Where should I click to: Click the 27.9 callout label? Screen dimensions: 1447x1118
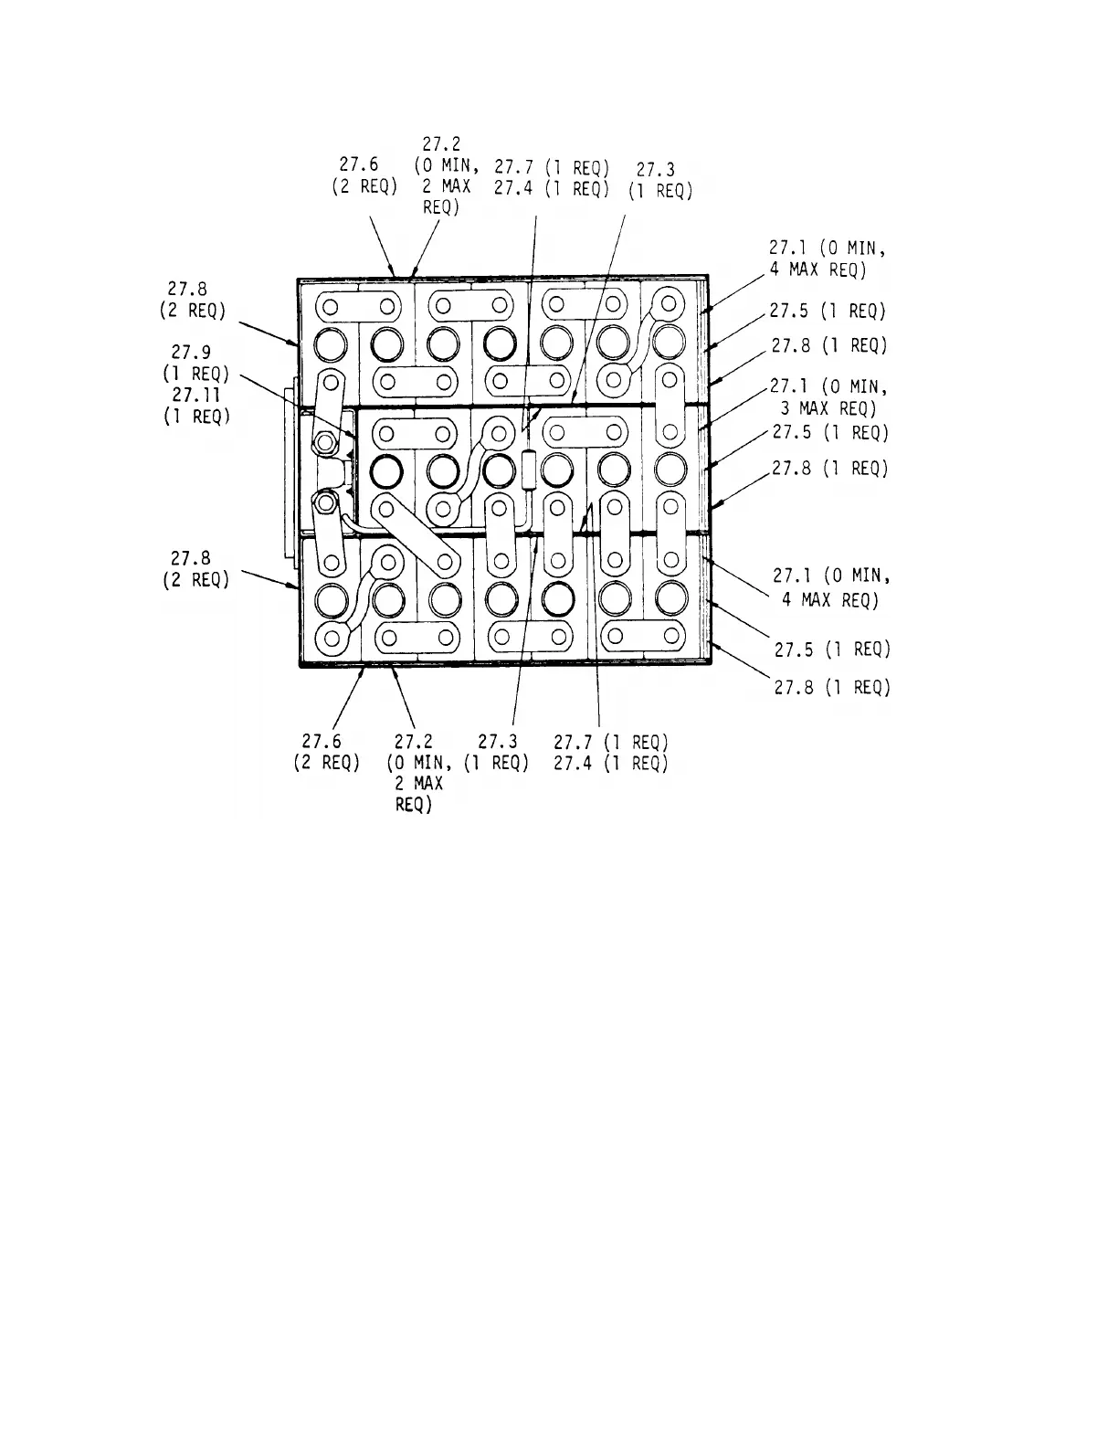[192, 351]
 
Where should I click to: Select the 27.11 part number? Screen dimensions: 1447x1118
[192, 396]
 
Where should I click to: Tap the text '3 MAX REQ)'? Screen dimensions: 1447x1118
[828, 408]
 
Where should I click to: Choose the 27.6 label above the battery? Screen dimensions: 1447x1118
[359, 164]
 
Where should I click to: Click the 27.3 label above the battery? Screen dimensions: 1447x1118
[655, 170]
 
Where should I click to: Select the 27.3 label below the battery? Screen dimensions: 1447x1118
[498, 742]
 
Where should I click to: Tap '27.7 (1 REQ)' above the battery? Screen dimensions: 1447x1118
[552, 167]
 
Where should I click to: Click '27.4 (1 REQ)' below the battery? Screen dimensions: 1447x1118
[611, 764]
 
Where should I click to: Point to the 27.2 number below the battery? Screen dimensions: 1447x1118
[414, 742]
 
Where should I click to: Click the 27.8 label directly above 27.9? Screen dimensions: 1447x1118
[192, 290]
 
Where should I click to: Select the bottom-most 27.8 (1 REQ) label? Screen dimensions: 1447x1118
[831, 687]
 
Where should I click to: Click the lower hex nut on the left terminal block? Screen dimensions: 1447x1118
[324, 501]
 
